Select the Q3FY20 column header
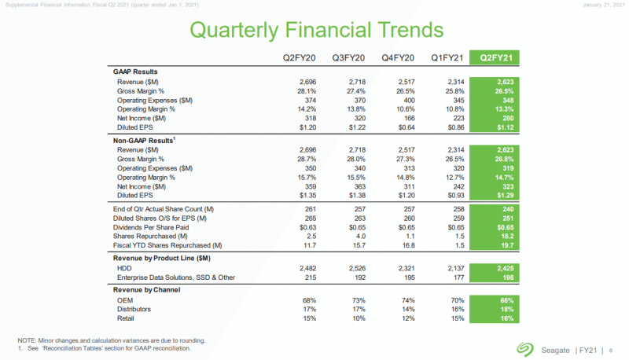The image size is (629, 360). (x=347, y=57)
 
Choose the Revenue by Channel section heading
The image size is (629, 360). (x=147, y=289)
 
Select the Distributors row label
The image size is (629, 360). (x=136, y=310)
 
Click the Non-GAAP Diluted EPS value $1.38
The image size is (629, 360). (x=347, y=194)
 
